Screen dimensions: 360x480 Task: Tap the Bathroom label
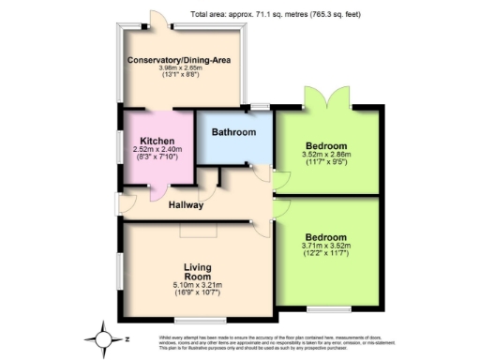pos(233,132)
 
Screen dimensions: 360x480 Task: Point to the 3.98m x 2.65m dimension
pos(180,67)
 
